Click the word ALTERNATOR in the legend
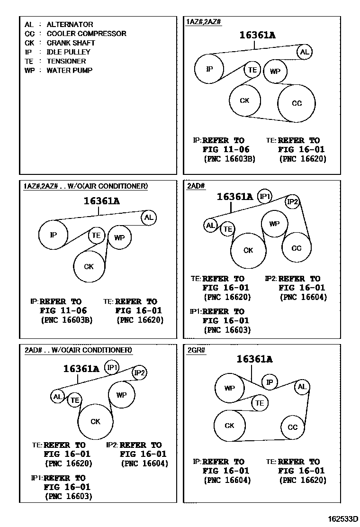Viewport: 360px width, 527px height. (x=70, y=24)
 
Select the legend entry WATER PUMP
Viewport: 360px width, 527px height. (x=69, y=71)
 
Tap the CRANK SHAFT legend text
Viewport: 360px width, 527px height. (x=71, y=43)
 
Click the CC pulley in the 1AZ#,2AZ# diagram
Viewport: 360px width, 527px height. (x=297, y=103)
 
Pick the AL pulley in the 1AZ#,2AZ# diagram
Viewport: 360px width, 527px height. (x=304, y=52)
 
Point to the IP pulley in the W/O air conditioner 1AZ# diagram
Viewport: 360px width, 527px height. (x=53, y=234)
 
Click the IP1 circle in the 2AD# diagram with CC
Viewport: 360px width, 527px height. (x=264, y=196)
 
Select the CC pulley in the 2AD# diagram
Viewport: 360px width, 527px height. (x=297, y=248)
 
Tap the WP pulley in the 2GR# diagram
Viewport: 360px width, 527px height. (x=230, y=388)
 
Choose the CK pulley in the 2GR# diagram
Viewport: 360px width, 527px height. (x=230, y=426)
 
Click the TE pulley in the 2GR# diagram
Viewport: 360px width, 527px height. (x=259, y=403)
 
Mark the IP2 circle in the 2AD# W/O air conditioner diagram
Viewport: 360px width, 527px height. (x=140, y=373)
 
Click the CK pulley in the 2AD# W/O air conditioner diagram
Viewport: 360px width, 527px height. (x=96, y=421)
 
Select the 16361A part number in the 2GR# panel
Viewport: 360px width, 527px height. (x=254, y=359)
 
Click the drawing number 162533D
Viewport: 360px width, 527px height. (x=341, y=518)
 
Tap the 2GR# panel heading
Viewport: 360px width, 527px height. (x=195, y=350)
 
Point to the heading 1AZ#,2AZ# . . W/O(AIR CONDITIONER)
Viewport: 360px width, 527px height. (x=86, y=186)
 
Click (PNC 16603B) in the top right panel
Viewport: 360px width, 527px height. (x=229, y=159)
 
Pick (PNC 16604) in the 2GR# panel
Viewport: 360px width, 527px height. (x=227, y=480)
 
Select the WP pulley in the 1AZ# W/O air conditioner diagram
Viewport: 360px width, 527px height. (x=119, y=237)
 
